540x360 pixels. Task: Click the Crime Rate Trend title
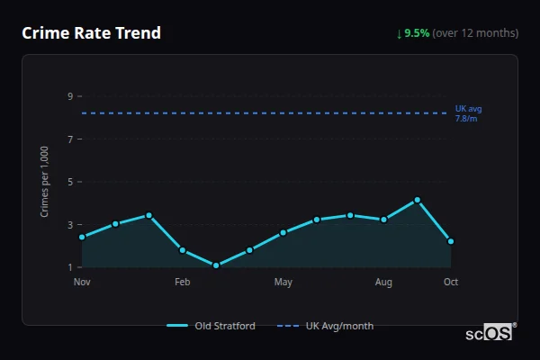92,33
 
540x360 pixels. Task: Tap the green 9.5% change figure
417,33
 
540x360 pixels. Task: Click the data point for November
82,237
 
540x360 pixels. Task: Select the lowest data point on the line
216,265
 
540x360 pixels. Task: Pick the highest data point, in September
418,200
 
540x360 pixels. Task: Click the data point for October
451,241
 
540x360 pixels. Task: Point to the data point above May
283,232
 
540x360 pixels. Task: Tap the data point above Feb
183,250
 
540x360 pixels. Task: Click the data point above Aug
384,220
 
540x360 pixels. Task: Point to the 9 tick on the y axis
70,96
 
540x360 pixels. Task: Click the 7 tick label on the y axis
70,139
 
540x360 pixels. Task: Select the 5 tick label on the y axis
70,182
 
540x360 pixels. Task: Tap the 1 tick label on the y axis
70,267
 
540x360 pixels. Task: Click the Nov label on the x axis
82,283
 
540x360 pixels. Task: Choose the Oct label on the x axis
451,283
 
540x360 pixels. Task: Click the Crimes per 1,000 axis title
45,182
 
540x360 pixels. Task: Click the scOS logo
490,333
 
